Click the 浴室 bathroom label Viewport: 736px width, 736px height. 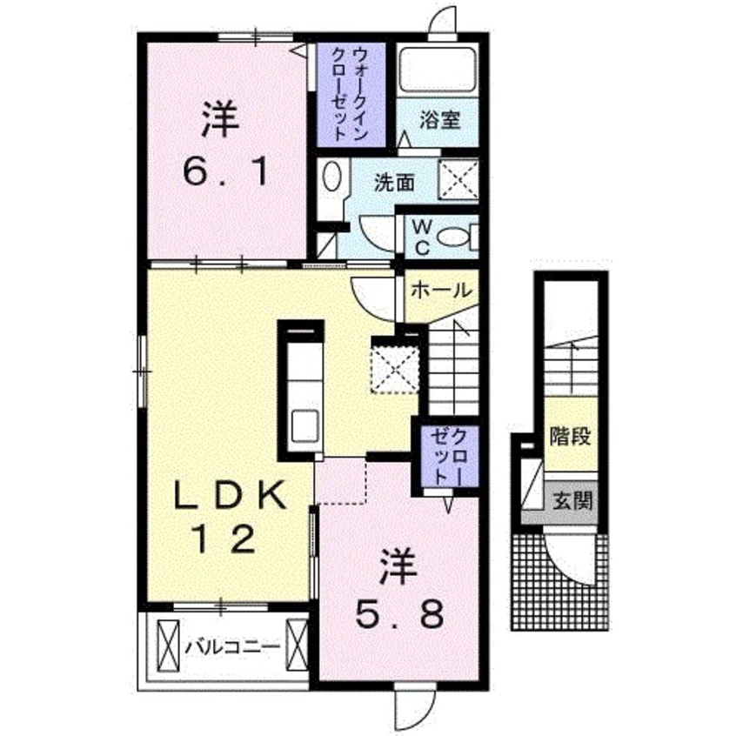tap(440, 120)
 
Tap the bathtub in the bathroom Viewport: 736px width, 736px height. tap(438, 70)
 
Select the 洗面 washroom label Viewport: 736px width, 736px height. tap(394, 183)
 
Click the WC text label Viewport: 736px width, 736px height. tap(422, 238)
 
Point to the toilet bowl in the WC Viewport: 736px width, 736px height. tap(452, 237)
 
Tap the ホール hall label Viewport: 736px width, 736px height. tap(441, 290)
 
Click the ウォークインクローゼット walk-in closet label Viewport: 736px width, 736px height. tap(349, 94)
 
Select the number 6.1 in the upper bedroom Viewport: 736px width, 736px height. tap(225, 172)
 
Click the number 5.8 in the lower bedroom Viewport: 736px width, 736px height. tap(399, 615)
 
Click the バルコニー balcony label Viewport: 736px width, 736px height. tap(232, 648)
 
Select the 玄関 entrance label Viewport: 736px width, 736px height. tap(572, 501)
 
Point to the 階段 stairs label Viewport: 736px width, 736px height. tap(571, 437)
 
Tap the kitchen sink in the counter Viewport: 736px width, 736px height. tap(305, 425)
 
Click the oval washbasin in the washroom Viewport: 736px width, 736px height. tap(331, 177)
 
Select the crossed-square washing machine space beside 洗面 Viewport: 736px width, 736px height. tap(458, 179)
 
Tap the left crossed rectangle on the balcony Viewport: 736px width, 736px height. tap(168, 646)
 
